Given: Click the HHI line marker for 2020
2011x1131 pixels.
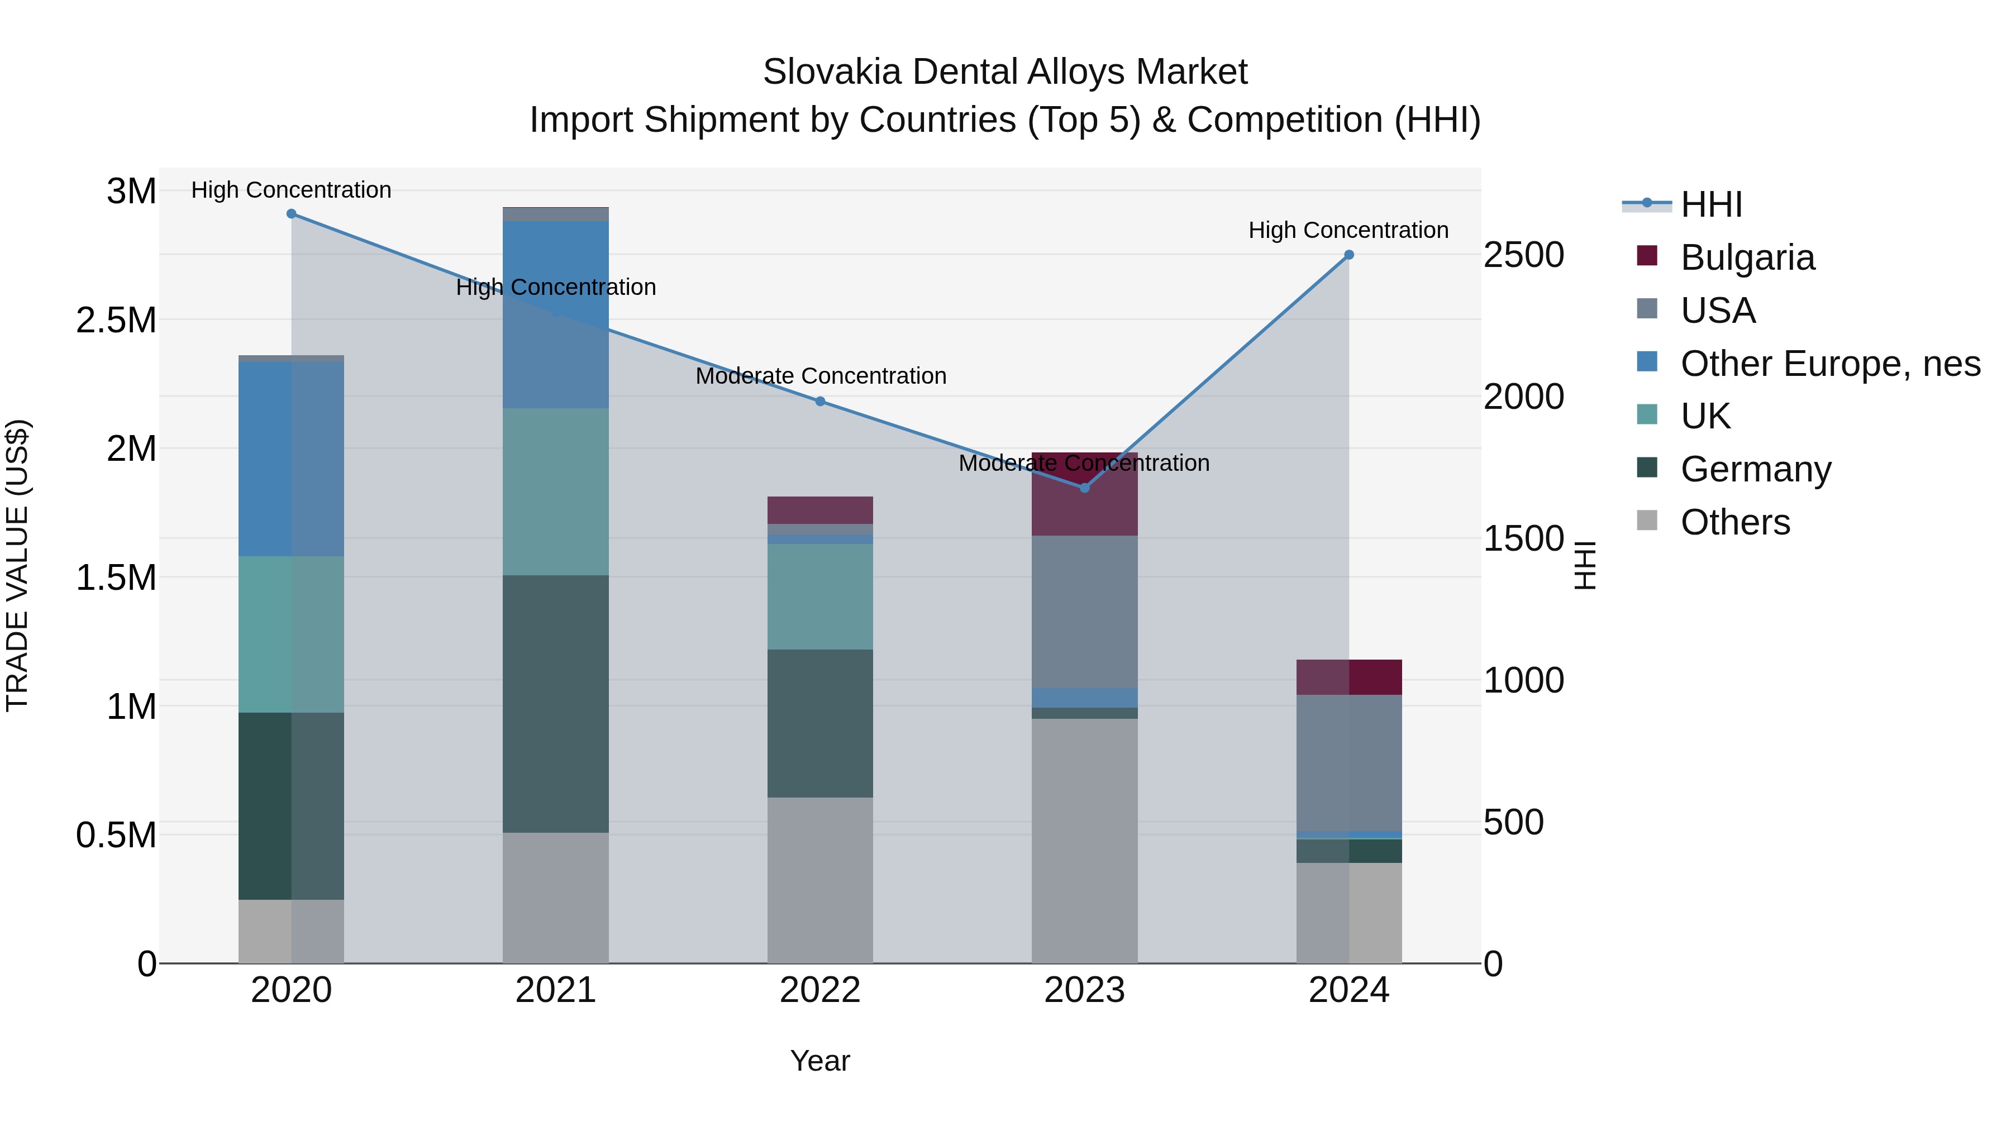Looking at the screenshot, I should coord(291,214).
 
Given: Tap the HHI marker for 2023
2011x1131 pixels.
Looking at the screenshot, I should coord(1084,488).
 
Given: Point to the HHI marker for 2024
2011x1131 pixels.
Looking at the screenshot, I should coord(1349,255).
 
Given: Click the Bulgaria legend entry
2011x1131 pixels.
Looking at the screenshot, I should coord(1747,257).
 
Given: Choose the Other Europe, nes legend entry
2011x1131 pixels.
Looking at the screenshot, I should coord(1830,364).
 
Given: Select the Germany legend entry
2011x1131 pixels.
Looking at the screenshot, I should coord(1755,469).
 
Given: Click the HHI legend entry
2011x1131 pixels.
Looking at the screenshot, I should coord(1711,204).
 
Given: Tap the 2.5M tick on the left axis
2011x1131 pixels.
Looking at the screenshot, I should coord(116,321).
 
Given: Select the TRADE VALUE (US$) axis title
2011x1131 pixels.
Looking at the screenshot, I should coord(17,565).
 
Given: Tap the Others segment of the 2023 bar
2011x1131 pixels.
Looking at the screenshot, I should coord(1084,840).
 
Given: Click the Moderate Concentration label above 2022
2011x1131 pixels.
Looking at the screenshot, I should coord(821,376).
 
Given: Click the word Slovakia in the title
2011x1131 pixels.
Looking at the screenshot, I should coord(832,72).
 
